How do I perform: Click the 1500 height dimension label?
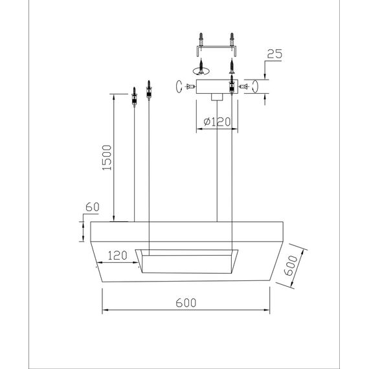click(x=107, y=158)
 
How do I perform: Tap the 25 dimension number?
click(x=274, y=54)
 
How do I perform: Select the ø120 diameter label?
click(x=217, y=122)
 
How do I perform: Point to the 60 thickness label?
click(x=93, y=207)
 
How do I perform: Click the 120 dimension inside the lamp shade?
click(x=117, y=255)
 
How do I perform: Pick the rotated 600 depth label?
click(x=291, y=265)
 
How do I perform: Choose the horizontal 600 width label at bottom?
click(x=186, y=303)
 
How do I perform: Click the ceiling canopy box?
click(x=217, y=87)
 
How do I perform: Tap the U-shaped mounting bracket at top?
click(x=216, y=51)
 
